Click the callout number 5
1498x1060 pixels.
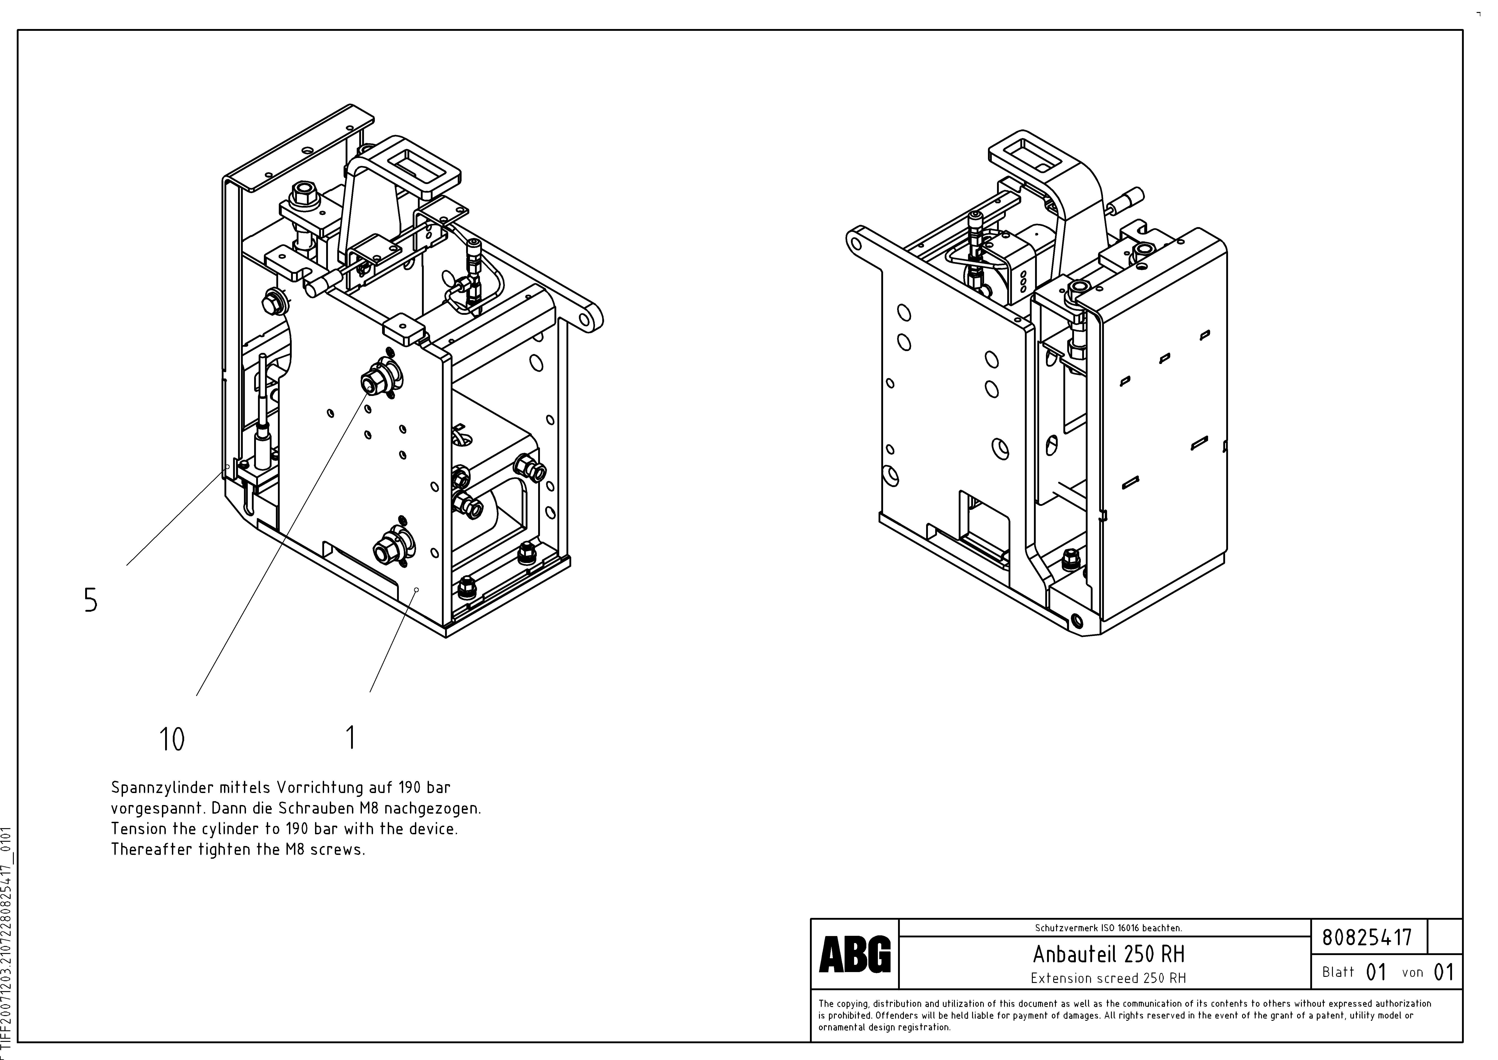pyautogui.click(x=91, y=600)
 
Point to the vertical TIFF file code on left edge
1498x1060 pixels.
pyautogui.click(x=7, y=940)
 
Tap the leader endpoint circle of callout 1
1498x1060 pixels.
pyautogui.click(x=416, y=589)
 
